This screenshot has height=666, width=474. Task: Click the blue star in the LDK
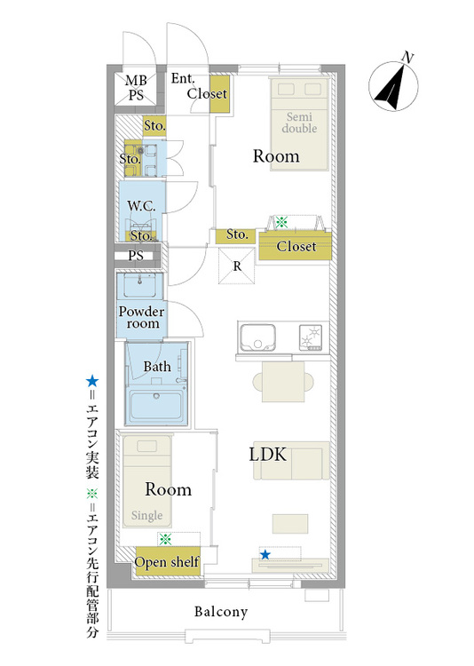coord(265,554)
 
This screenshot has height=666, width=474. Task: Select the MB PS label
coord(136,88)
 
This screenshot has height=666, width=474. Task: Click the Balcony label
coord(221,612)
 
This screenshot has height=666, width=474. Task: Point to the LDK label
coord(267,455)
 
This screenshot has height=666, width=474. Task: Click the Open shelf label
coord(167,562)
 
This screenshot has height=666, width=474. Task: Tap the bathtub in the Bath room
coord(156,406)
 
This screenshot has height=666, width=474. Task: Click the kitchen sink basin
coord(257,337)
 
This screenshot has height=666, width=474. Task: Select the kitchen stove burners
coord(311,337)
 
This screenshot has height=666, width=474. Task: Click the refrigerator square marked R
coord(237,266)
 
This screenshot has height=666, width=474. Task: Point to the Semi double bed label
coord(299,123)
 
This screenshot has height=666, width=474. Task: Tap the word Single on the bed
coord(146,515)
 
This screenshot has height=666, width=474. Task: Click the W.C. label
coord(141,206)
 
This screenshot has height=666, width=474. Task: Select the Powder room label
coord(141,317)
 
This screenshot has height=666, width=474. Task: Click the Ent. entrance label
coord(183,78)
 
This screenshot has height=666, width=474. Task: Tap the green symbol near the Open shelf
coord(165,539)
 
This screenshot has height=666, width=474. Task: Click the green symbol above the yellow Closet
coord(281,222)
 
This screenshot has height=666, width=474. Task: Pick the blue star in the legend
coord(92,381)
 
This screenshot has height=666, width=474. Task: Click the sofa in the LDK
coord(291,460)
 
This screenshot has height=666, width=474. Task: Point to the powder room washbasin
coord(138,285)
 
